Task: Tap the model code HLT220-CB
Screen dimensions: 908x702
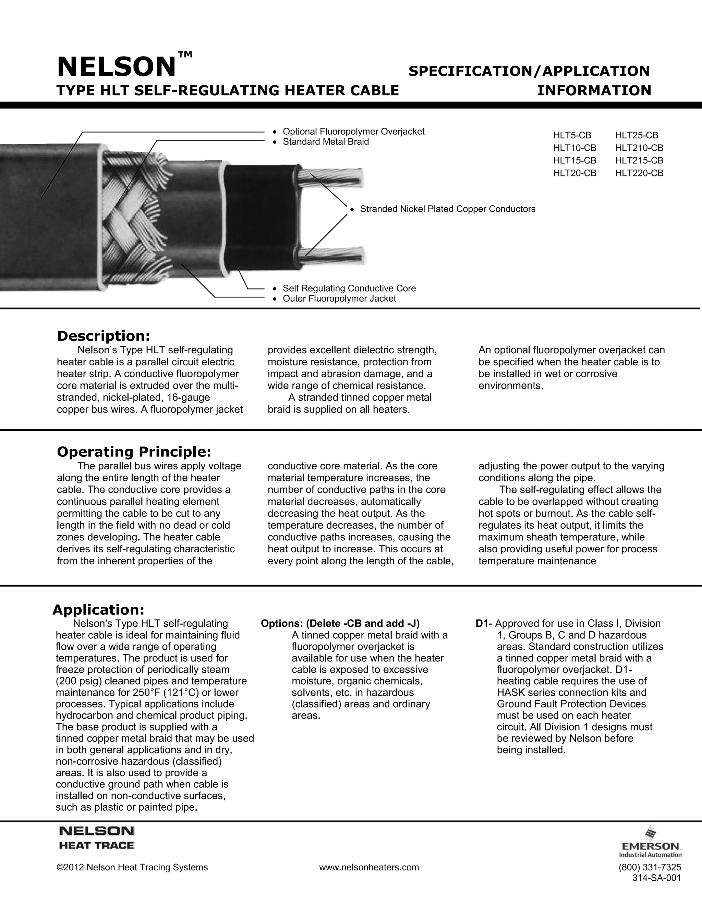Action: (x=639, y=173)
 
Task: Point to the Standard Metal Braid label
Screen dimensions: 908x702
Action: (x=326, y=142)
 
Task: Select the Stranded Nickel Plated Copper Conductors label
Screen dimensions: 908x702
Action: (x=447, y=209)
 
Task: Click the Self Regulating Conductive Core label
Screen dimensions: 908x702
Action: (x=349, y=289)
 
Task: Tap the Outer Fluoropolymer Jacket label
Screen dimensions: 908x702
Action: (x=339, y=299)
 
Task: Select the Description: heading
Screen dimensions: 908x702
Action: (x=103, y=336)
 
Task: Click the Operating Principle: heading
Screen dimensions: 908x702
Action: (x=134, y=452)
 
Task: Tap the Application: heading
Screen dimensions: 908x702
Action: (x=99, y=610)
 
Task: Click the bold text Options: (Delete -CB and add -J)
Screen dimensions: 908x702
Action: (x=340, y=624)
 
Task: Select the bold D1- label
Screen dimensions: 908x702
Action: (x=484, y=624)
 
